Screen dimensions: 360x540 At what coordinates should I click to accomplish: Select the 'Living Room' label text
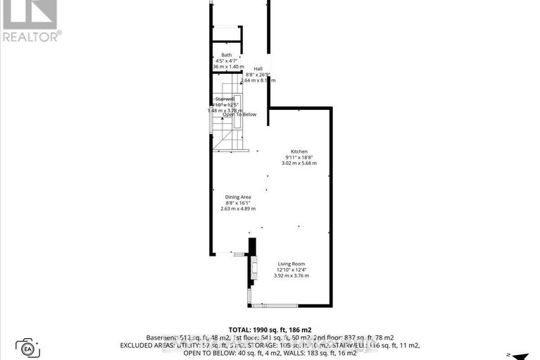(x=291, y=263)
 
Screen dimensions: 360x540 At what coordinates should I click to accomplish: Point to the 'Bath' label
(x=226, y=55)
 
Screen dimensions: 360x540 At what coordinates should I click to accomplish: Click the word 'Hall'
(x=258, y=68)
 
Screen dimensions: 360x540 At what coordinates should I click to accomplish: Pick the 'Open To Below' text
(x=239, y=114)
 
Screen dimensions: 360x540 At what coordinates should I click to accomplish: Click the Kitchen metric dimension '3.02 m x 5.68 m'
(x=300, y=163)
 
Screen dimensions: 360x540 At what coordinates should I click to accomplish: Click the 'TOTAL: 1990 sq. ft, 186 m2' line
(x=270, y=329)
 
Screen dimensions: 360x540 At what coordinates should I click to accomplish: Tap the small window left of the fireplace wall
(x=238, y=254)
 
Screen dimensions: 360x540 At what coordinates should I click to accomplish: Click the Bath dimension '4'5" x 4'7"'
(x=226, y=61)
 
